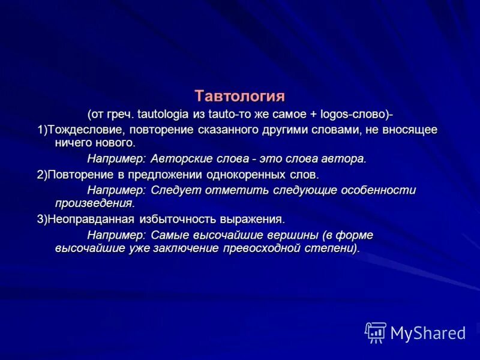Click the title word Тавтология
click(x=239, y=95)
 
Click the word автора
click(x=343, y=159)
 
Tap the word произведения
click(x=93, y=203)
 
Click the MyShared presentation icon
click(x=376, y=332)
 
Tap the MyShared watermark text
click(x=428, y=332)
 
